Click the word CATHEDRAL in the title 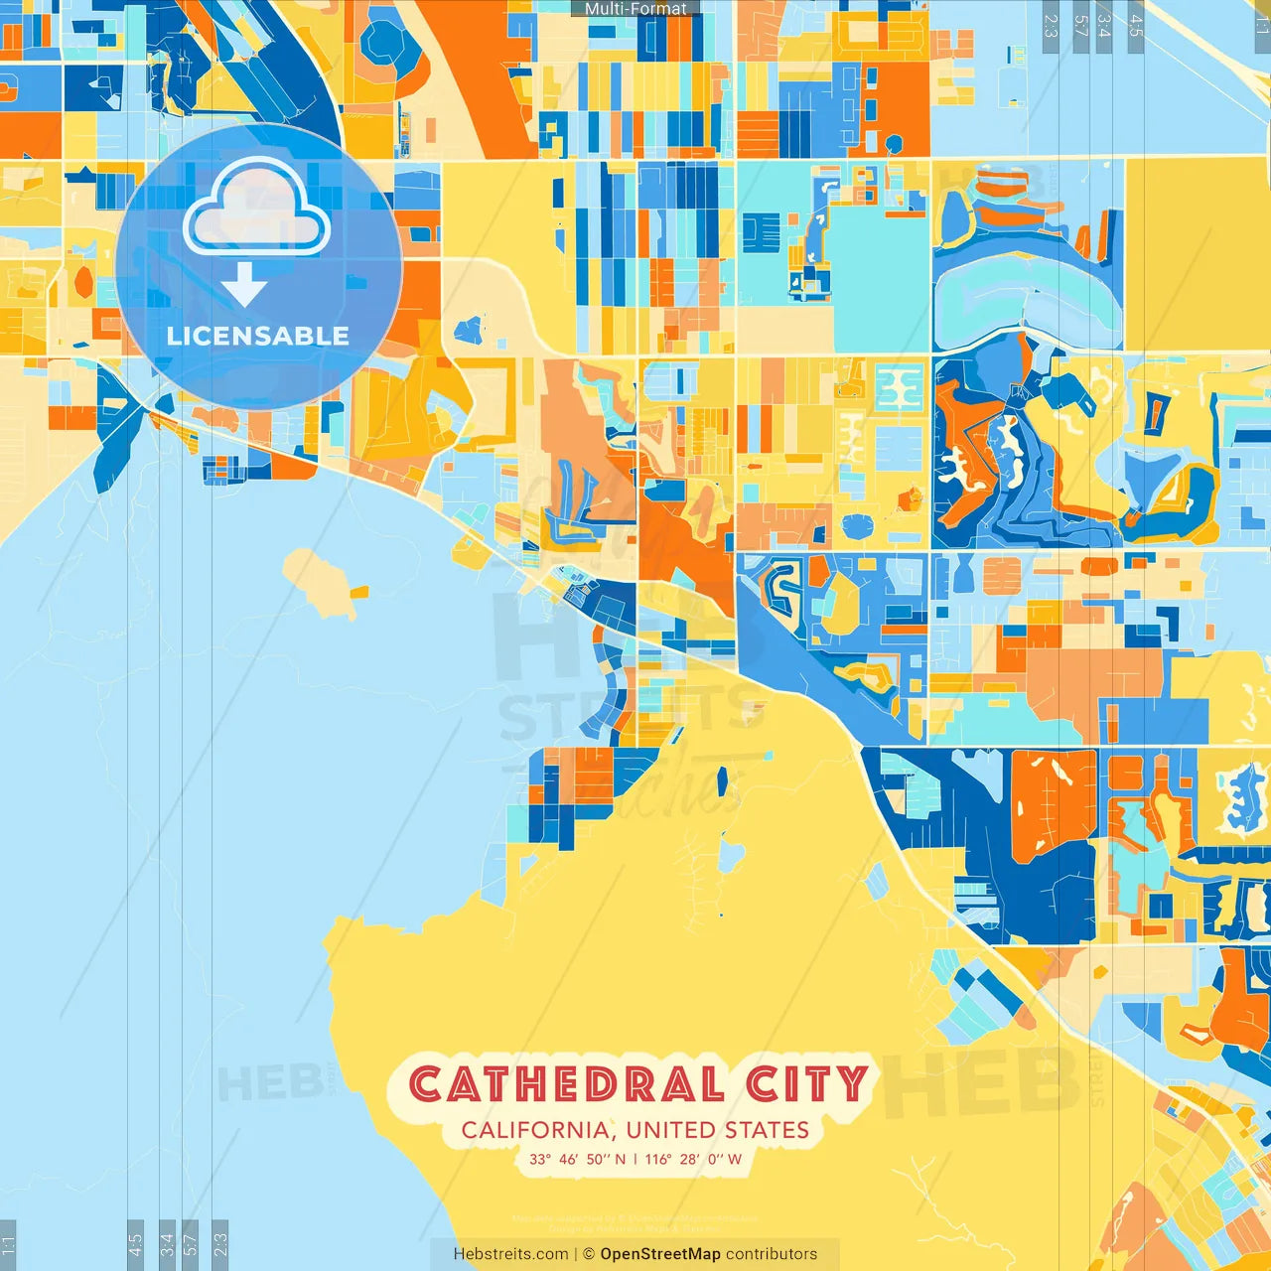[567, 1084]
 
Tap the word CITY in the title [807, 1084]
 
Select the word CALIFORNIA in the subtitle [535, 1130]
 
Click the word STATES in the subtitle [767, 1130]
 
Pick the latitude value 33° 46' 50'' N [577, 1159]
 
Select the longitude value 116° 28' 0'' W [693, 1159]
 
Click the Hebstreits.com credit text [510, 1254]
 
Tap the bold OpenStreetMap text [660, 1254]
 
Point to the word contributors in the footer [772, 1254]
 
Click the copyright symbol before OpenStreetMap [589, 1254]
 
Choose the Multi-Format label [635, 8]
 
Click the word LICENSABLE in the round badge [258, 336]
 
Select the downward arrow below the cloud [244, 285]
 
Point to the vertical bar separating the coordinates [635, 1159]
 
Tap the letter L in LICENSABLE [174, 336]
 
